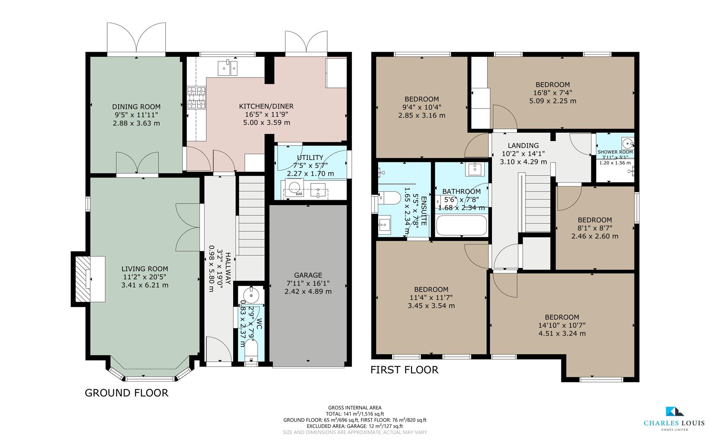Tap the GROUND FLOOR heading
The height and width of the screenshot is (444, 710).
pos(126,393)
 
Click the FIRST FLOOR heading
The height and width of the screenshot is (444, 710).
pos(404,370)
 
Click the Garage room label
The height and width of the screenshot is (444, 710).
pos(308,275)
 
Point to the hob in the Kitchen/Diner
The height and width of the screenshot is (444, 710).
pos(196,98)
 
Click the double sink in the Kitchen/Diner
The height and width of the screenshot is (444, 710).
pos(227,67)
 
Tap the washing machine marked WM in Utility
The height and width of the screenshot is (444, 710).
pos(294,190)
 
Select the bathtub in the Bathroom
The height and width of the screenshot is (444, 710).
pos(461,225)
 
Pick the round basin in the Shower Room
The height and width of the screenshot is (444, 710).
pos(627,143)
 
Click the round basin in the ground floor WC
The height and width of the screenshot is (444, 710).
pos(250,294)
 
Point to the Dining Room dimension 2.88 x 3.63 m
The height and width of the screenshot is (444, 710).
pos(136,123)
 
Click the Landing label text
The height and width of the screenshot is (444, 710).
pos(523,146)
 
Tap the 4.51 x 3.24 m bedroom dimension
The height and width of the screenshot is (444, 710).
pos(562,333)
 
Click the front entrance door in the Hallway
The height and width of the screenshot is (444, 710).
pos(218,351)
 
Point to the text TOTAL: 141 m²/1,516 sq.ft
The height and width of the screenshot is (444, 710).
pos(355,414)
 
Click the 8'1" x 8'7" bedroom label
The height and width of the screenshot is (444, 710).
pos(595,228)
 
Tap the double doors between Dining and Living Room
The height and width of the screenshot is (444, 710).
pos(137,163)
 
